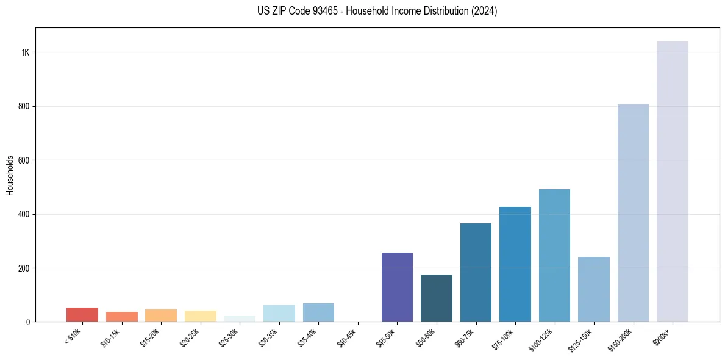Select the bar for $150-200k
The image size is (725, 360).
(633, 213)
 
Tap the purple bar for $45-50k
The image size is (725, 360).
(397, 287)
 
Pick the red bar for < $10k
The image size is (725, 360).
(82, 314)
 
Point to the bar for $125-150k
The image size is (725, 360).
(594, 289)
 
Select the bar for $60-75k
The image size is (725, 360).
(476, 272)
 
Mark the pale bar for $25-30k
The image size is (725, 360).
(240, 319)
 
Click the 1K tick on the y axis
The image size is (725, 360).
(26, 52)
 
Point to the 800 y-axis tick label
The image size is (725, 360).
(24, 106)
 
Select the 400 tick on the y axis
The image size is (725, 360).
(24, 214)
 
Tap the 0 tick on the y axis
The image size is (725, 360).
(28, 322)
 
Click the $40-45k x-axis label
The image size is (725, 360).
(348, 339)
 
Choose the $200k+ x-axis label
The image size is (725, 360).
(663, 337)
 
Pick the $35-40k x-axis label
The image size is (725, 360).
(308, 339)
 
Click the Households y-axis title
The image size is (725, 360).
(10, 175)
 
